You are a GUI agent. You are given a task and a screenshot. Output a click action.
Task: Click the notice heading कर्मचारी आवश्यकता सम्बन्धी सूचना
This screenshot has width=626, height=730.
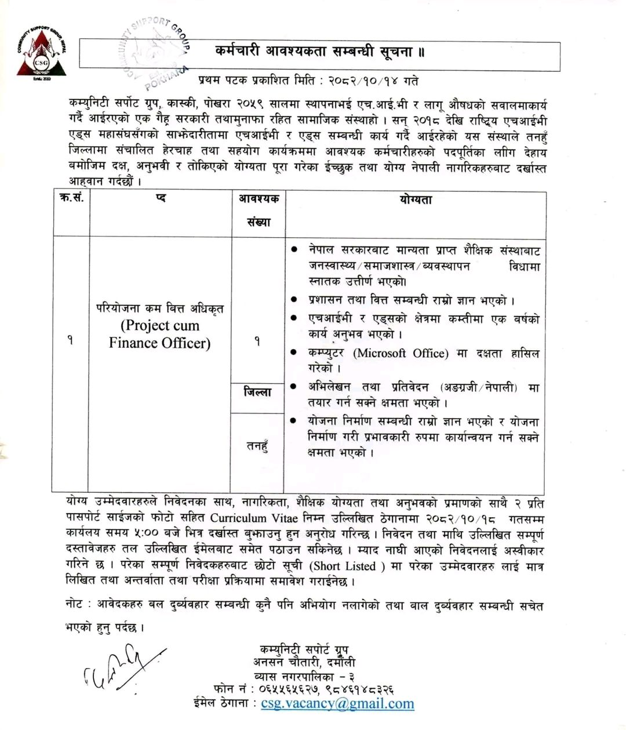(319, 52)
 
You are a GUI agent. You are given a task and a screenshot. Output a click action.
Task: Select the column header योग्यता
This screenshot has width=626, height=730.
(415, 200)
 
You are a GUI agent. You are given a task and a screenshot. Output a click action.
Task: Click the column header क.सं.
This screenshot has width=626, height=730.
(71, 198)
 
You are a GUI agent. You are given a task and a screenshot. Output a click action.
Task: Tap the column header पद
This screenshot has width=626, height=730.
(161, 198)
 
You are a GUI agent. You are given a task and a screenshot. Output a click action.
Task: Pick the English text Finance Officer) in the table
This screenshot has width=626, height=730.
(159, 343)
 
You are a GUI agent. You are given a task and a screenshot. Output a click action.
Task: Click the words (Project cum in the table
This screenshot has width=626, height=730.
(159, 325)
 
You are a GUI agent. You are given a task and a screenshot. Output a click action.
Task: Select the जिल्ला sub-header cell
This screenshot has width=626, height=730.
(257, 393)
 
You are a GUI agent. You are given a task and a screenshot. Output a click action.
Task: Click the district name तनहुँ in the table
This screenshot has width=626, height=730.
(257, 446)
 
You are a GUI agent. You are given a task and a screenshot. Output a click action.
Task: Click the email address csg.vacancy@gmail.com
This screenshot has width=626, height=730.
(337, 704)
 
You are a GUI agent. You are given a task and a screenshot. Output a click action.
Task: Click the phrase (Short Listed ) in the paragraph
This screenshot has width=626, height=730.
(348, 566)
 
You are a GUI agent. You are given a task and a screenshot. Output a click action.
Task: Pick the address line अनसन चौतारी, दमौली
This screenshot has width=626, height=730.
(304, 662)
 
